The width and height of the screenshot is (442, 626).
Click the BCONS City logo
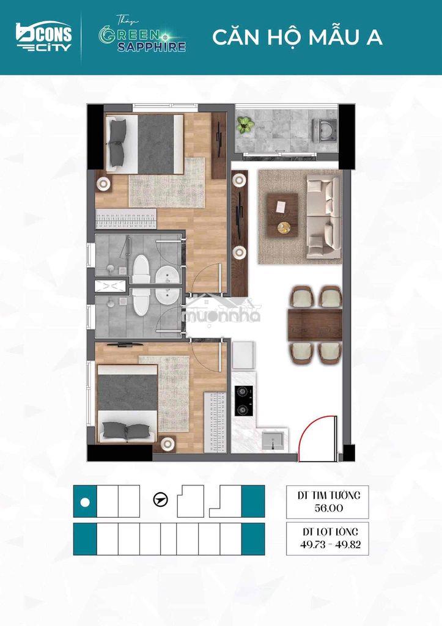click(44, 37)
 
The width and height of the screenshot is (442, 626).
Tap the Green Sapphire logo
click(142, 35)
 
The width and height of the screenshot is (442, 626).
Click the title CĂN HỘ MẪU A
click(298, 37)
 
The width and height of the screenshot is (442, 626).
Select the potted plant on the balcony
click(245, 125)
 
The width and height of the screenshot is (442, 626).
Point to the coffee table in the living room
click(282, 214)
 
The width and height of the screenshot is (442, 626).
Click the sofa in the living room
click(324, 217)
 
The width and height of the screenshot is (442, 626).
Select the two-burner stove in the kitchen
click(244, 401)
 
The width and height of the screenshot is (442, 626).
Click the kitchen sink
click(273, 440)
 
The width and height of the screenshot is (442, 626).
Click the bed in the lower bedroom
click(127, 403)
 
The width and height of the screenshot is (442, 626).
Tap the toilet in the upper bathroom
click(141, 270)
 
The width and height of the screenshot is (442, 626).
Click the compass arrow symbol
click(161, 499)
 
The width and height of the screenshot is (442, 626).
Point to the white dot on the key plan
click(84, 502)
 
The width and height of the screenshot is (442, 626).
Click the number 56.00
click(329, 508)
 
